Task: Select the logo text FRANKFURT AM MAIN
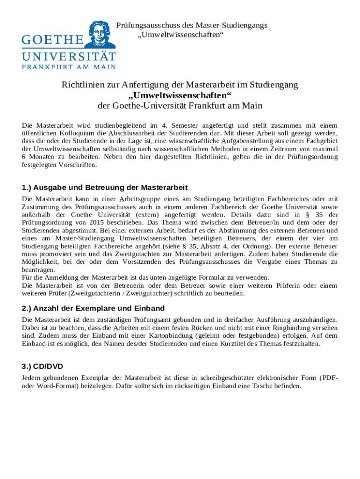click(x=69, y=66)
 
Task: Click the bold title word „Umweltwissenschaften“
click(x=180, y=95)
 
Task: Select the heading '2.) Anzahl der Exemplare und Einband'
click(x=93, y=308)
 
